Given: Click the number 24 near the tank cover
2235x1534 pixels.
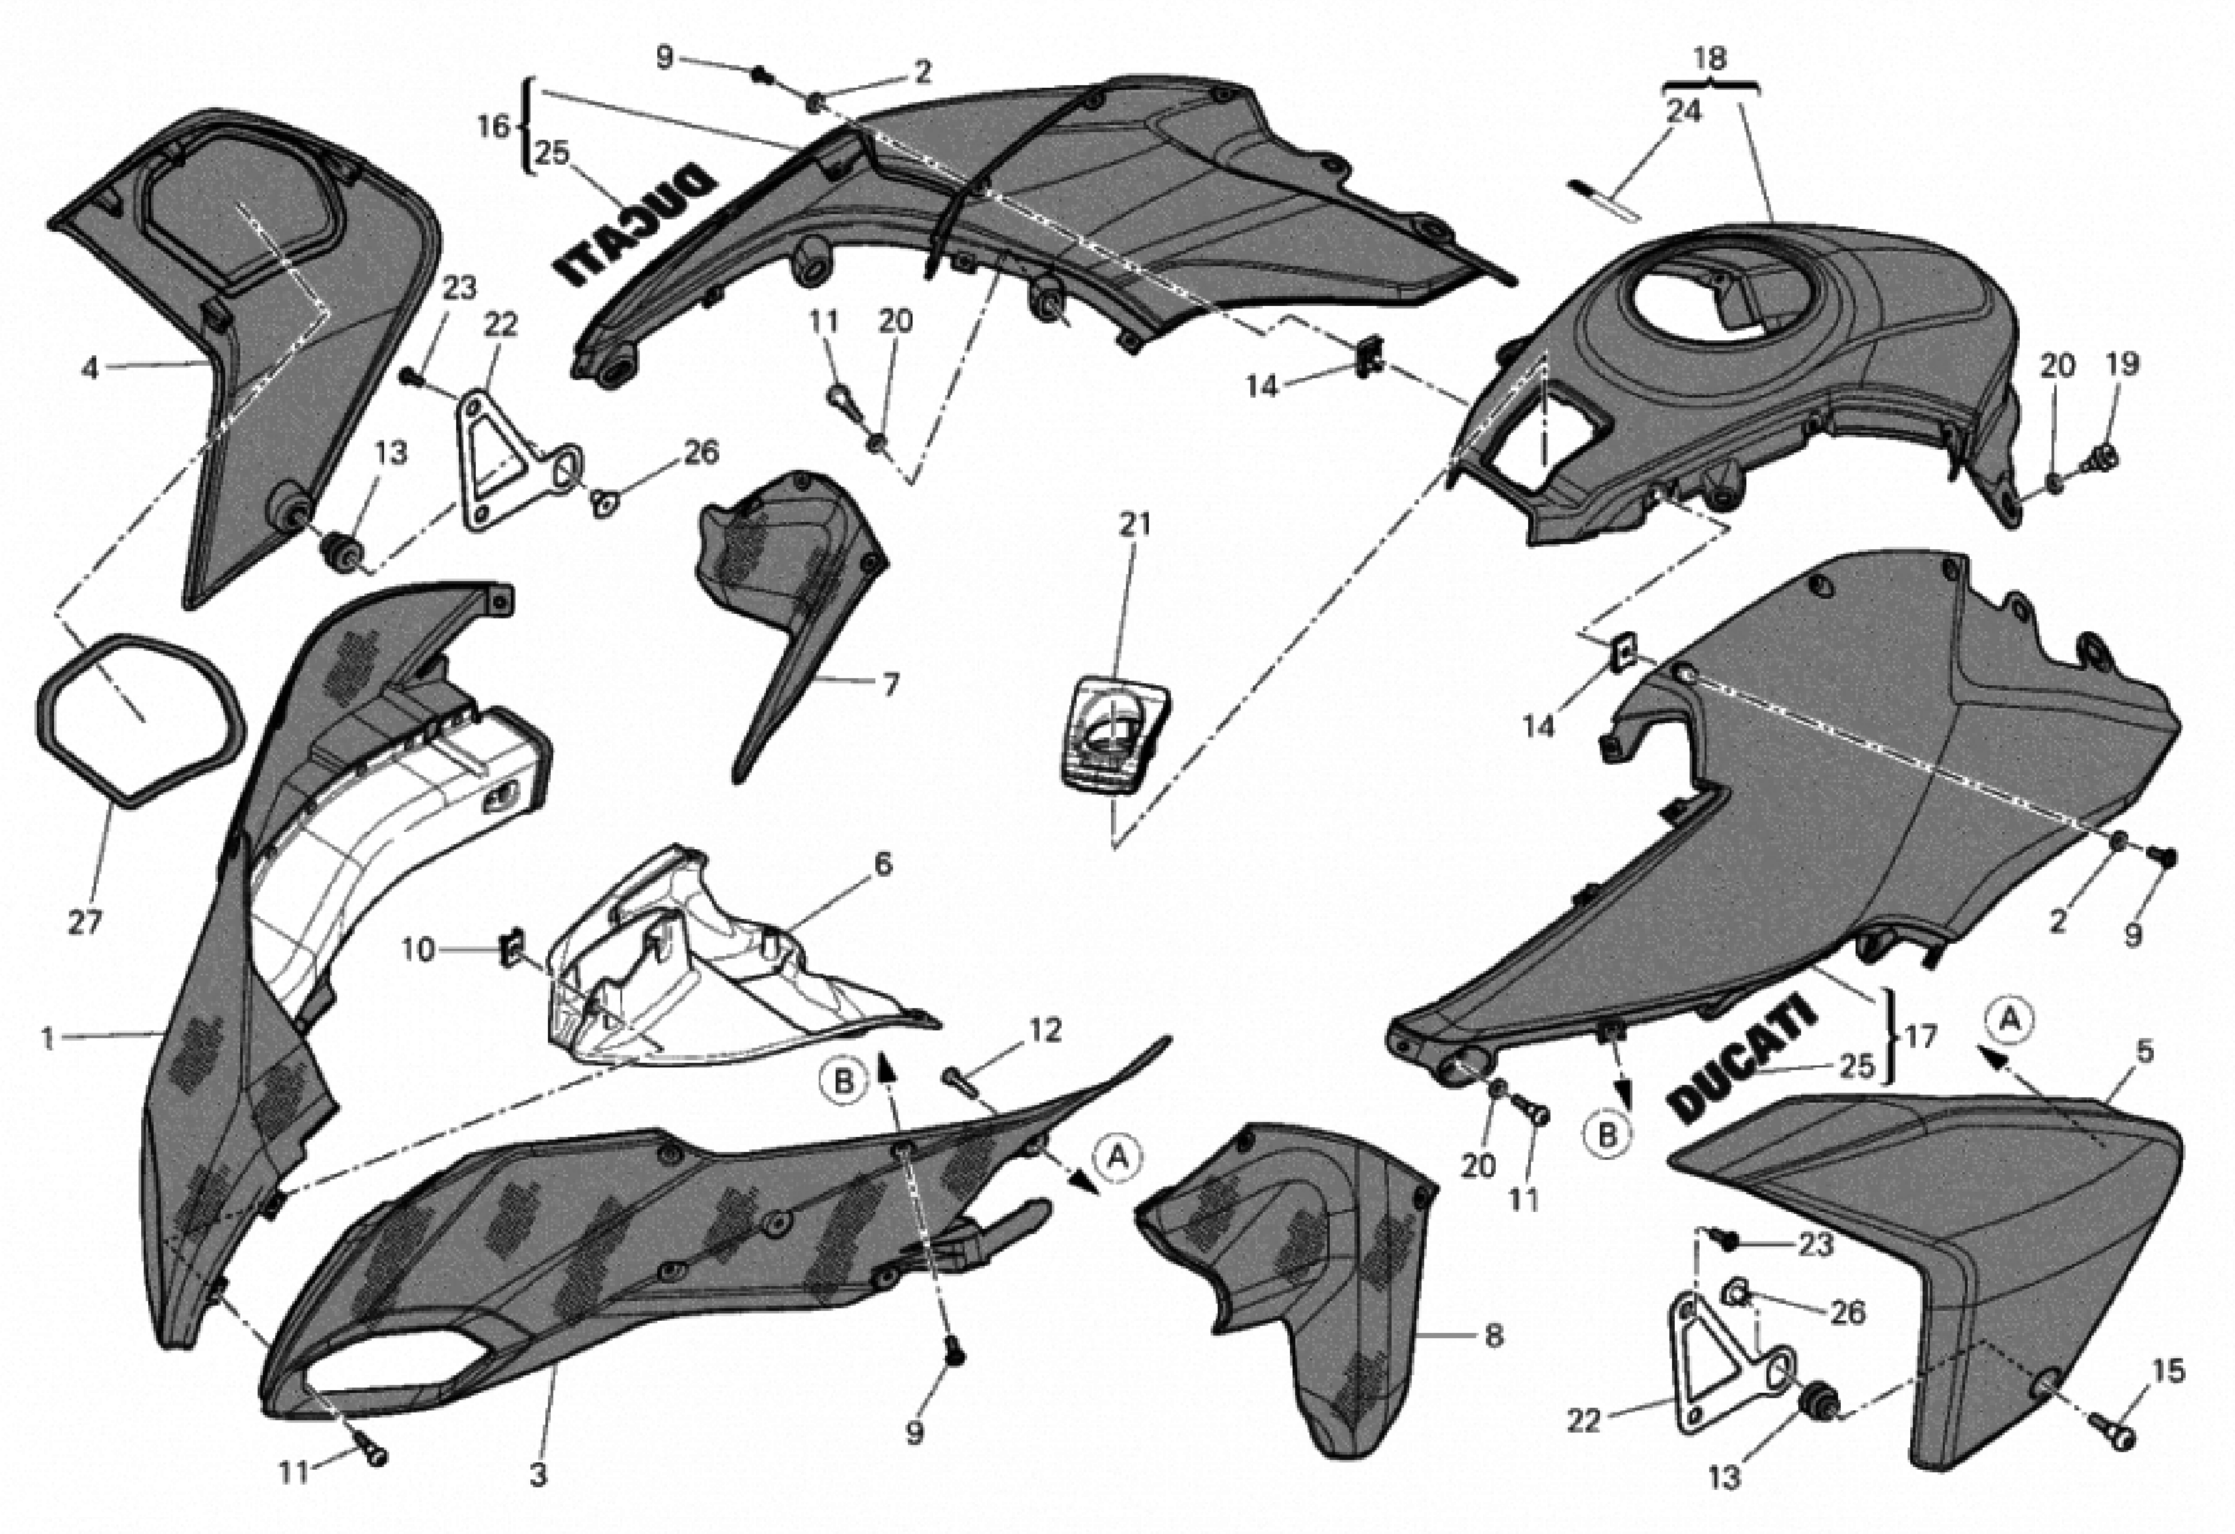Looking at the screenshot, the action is coord(1683,111).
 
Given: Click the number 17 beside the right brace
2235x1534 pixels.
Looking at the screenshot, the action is coord(1920,1038).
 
